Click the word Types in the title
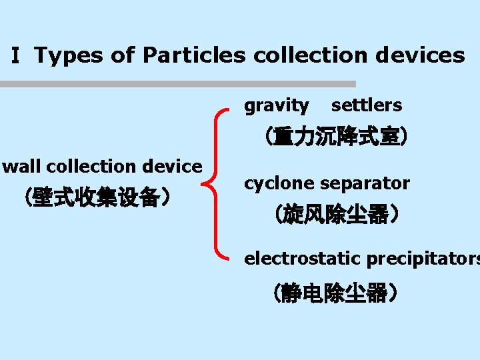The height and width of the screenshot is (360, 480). point(69,55)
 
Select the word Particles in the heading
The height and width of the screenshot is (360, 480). point(194,55)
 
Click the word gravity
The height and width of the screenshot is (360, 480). point(277,105)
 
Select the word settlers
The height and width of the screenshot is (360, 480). point(367,105)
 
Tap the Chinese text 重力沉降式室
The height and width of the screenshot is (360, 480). point(333,137)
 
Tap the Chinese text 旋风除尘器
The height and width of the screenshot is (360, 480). point(333,215)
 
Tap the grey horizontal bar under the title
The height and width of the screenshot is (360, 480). point(178,85)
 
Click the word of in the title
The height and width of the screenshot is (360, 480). point(123,55)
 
